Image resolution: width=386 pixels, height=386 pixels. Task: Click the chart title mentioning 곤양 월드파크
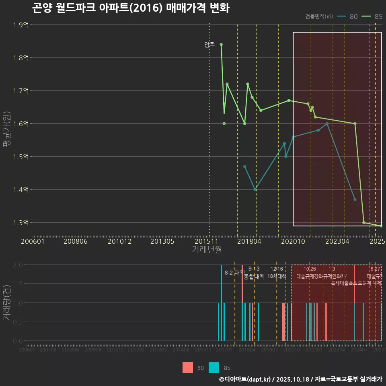point(131,8)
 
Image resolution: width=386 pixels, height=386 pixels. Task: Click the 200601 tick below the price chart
point(33,242)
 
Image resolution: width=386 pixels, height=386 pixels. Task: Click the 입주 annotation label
point(209,45)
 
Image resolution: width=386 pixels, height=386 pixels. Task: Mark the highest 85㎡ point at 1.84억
point(221,44)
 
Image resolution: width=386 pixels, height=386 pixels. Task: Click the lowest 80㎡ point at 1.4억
point(255,190)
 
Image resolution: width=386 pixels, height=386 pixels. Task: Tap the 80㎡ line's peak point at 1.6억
point(327,123)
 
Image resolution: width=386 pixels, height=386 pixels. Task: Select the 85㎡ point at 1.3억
point(364,222)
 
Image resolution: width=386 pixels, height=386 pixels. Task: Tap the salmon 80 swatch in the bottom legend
point(188,368)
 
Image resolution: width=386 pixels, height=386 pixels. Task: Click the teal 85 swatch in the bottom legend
point(214,368)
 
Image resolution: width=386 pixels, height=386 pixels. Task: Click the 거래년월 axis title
point(207,249)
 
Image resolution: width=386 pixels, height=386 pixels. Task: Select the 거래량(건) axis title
point(6,303)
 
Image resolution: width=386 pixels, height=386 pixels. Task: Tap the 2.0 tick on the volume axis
point(18,265)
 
